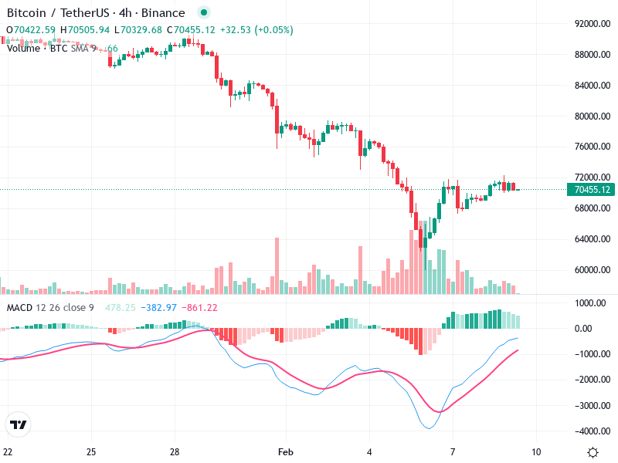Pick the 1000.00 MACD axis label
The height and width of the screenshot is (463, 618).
pos(591,303)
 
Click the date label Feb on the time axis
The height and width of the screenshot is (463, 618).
pos(286,451)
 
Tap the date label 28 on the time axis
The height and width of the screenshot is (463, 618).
pos(175,451)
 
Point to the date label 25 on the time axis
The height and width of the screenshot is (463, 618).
pos(91,451)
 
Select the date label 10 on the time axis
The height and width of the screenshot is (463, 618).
pos(536,451)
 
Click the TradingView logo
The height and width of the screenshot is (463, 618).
pos(19,424)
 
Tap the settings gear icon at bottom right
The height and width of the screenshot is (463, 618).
pos(593,452)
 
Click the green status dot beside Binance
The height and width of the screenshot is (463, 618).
pos(203,13)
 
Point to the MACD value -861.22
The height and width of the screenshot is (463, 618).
pos(199,308)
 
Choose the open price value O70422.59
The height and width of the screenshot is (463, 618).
pos(31,30)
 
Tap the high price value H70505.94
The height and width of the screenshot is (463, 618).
pos(86,30)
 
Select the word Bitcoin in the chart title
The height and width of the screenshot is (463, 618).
pos(27,13)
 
